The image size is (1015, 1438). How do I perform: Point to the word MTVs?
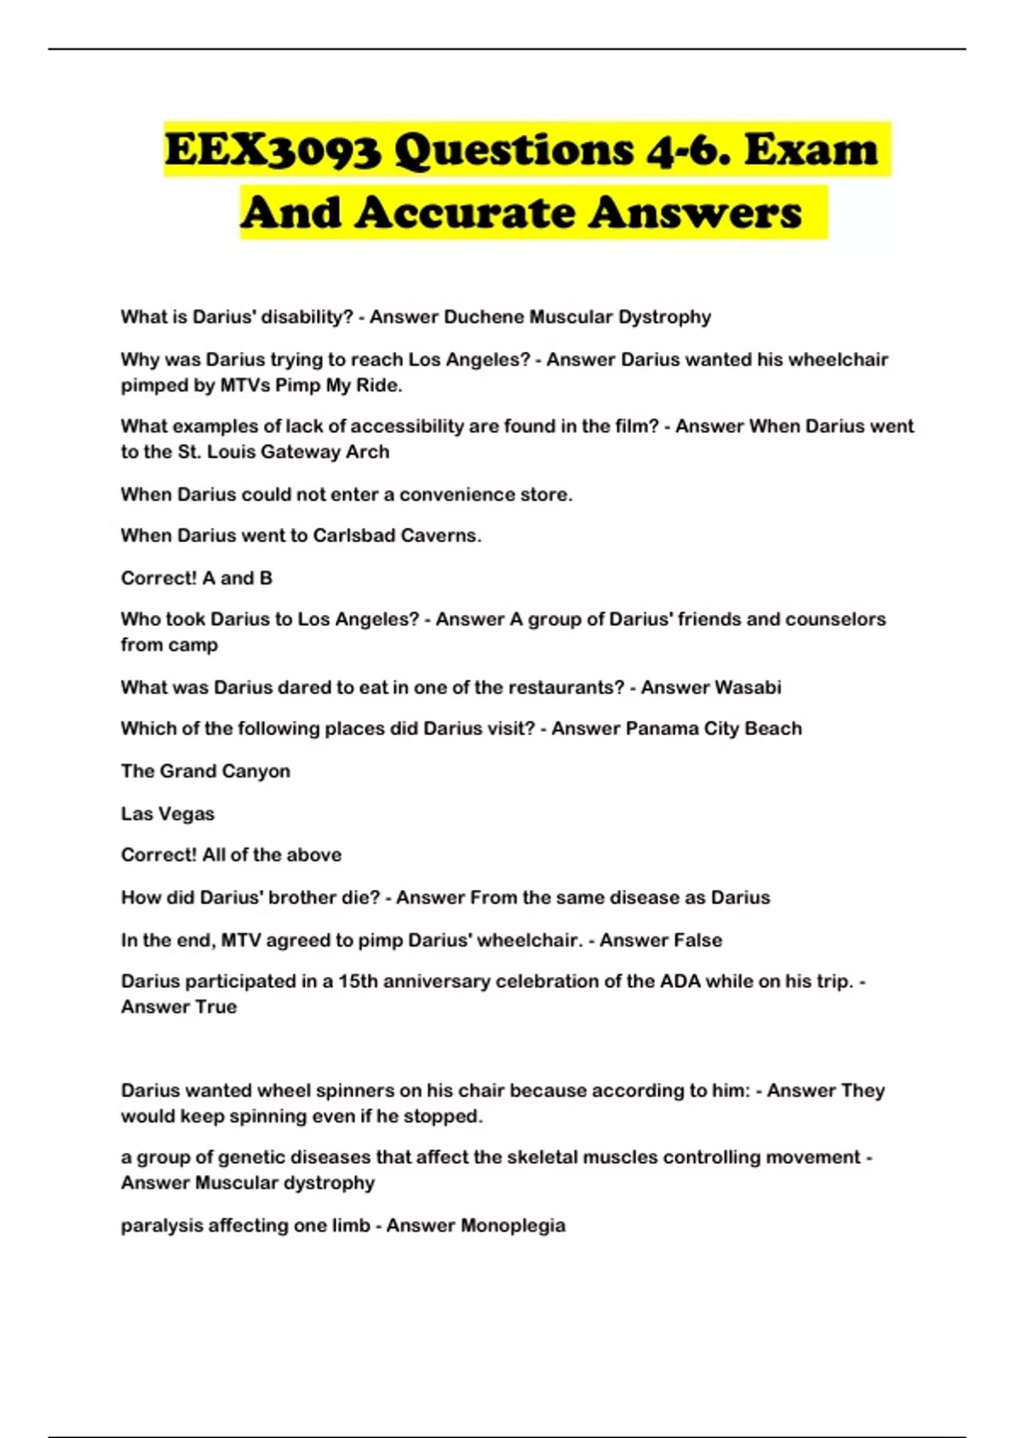pos(245,386)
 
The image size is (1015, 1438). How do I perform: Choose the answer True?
pos(216,1007)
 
